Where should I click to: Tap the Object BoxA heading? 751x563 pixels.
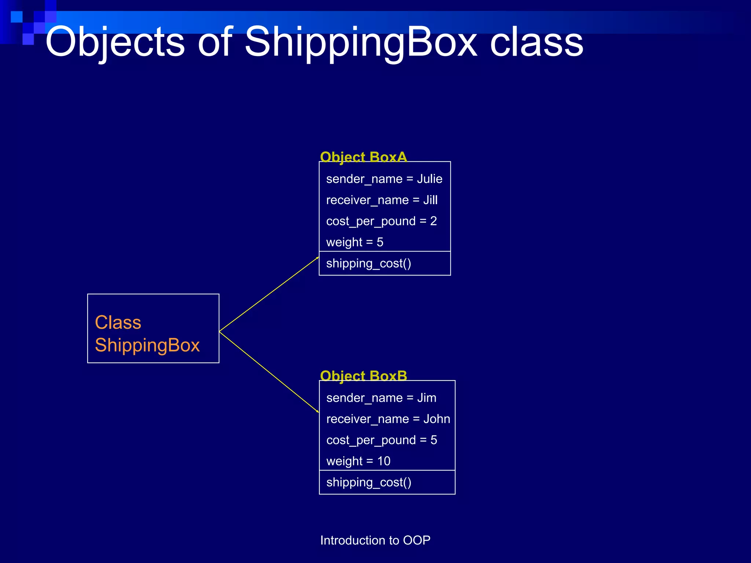(363, 157)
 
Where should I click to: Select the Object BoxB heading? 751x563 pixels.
(363, 376)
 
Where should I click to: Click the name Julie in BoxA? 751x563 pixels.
(429, 179)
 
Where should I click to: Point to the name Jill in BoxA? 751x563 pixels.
(430, 200)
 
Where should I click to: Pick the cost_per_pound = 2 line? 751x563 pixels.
(381, 221)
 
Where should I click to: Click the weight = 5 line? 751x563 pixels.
(355, 242)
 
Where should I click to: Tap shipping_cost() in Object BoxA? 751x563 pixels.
(369, 264)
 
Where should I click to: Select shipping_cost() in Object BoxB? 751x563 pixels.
(369, 482)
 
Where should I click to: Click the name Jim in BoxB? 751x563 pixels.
(426, 398)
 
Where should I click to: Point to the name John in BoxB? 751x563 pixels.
(436, 419)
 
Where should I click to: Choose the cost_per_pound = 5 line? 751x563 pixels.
(381, 440)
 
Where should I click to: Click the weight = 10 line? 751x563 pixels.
(358, 461)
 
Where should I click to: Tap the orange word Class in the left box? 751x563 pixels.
(118, 323)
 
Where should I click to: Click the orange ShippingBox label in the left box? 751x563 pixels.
(147, 345)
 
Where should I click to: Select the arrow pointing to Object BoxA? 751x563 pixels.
(269, 294)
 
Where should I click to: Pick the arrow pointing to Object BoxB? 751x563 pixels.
(269, 372)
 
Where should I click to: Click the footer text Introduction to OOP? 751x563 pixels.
(375, 540)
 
